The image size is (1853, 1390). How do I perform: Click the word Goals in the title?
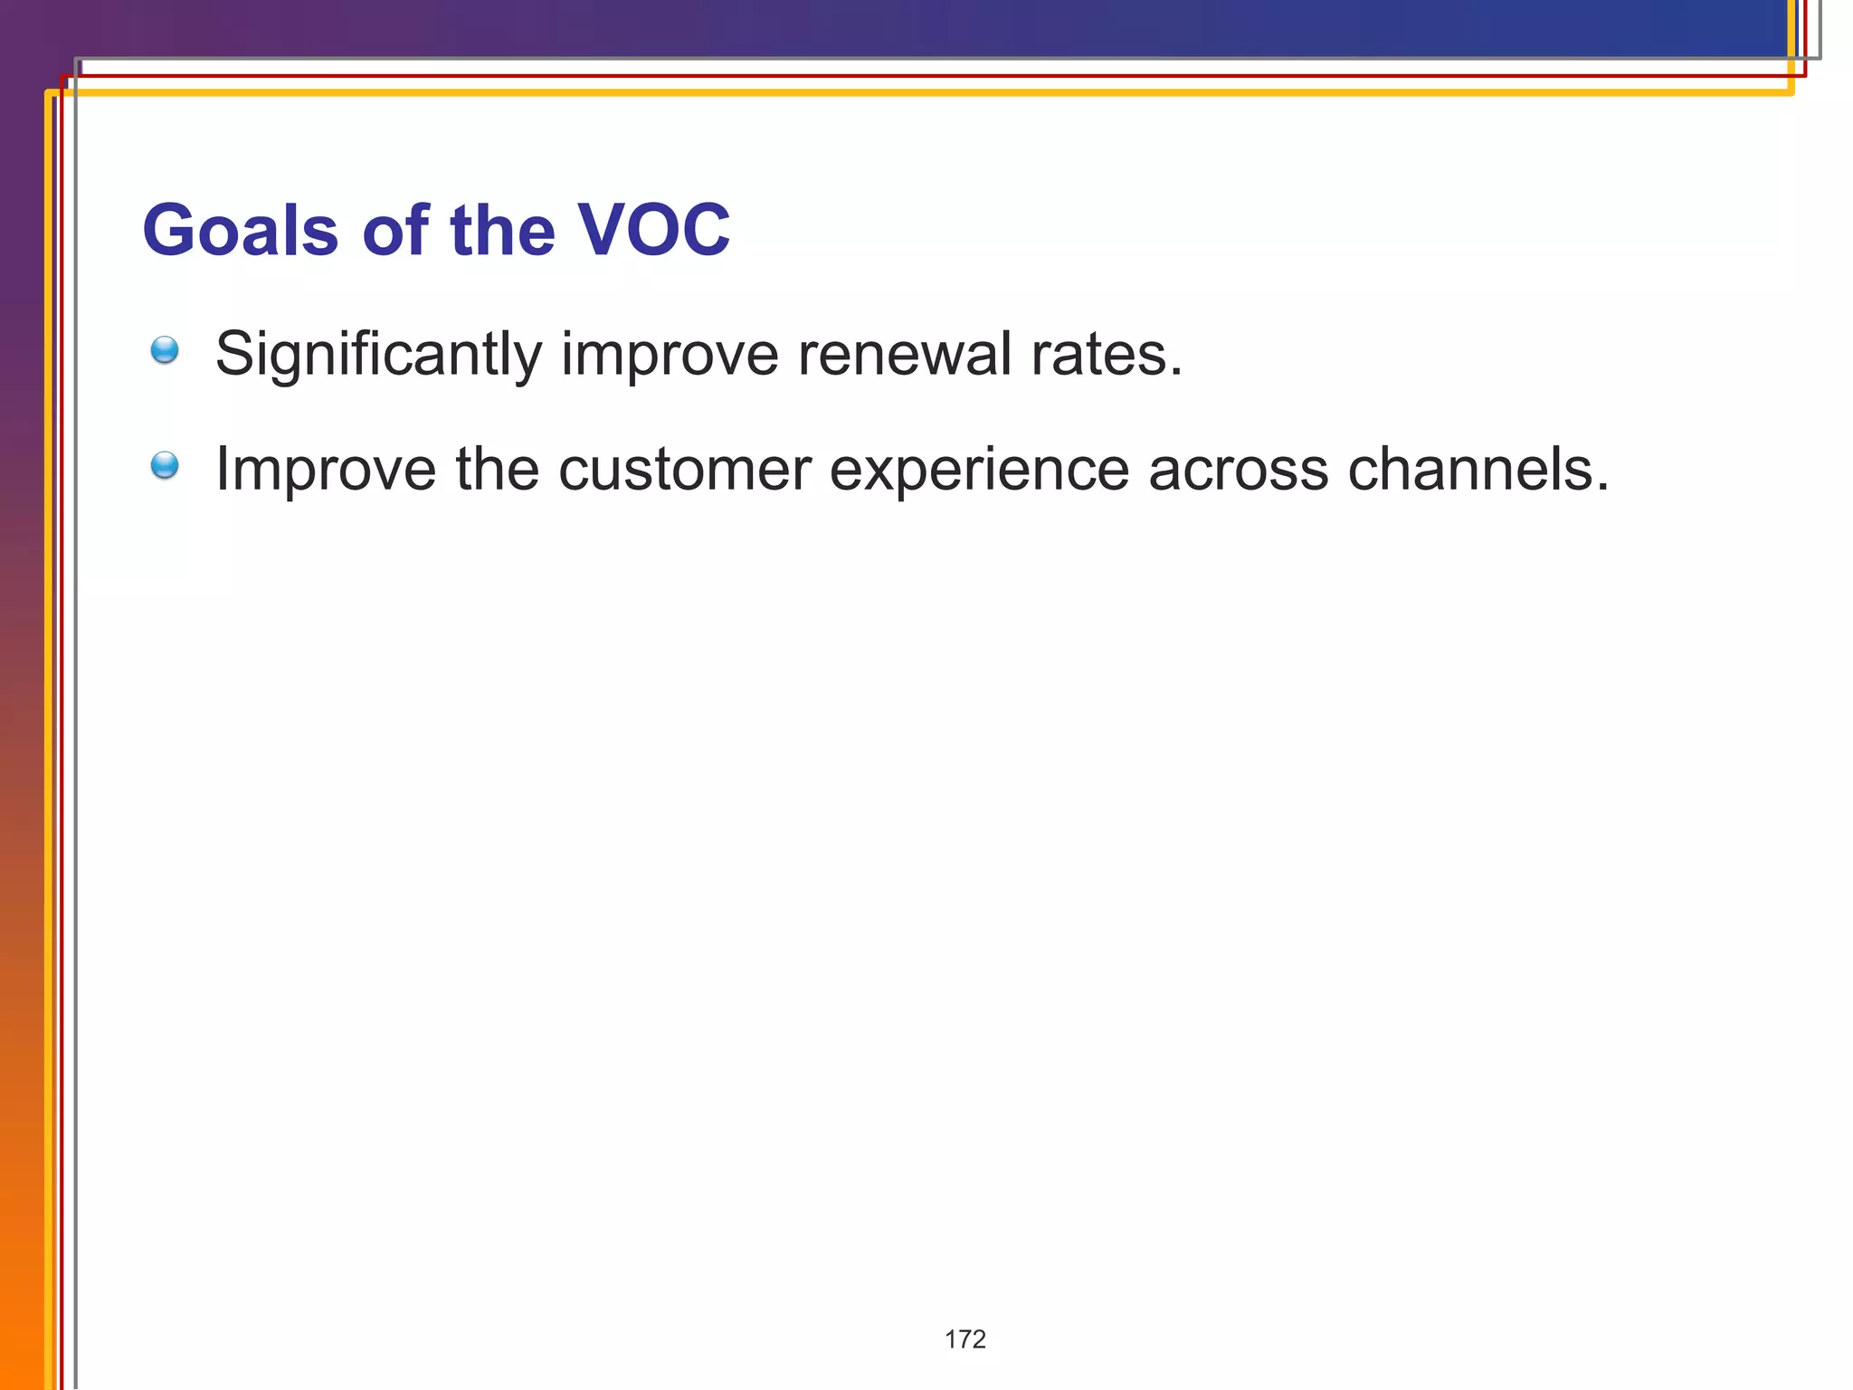[241, 231]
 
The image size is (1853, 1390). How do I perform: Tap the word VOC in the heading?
[653, 231]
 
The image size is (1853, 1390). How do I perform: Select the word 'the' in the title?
[502, 231]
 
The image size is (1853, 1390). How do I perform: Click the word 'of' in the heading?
[395, 231]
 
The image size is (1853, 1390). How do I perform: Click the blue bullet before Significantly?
[165, 350]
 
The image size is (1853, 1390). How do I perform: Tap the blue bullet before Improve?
[165, 466]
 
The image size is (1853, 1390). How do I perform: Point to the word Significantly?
[378, 354]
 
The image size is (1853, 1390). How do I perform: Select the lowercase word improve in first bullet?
[670, 354]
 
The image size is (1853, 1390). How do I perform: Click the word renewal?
[905, 354]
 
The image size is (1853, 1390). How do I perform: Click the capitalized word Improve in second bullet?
[325, 470]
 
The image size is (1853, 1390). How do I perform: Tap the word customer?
[684, 470]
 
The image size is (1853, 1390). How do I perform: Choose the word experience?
[979, 470]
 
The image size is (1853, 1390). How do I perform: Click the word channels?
[1469, 470]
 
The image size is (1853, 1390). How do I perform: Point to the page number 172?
[965, 1339]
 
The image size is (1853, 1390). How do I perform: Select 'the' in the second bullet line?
[497, 470]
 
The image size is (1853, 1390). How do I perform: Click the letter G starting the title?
[171, 231]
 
